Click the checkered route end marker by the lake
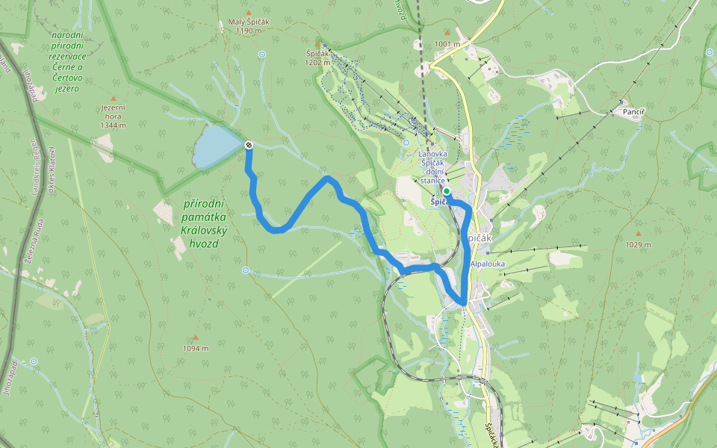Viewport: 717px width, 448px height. click(248, 146)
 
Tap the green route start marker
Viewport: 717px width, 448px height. click(447, 191)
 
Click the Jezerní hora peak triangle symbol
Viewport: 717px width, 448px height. click(114, 99)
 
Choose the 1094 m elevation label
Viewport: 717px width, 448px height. click(195, 348)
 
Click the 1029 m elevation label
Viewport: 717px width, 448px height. click(638, 244)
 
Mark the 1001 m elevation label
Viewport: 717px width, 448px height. click(447, 44)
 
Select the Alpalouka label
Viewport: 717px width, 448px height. click(488, 263)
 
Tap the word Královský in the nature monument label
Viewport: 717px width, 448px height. click(204, 231)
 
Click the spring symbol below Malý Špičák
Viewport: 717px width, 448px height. click(262, 55)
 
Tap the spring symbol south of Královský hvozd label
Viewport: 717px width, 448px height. click(246, 270)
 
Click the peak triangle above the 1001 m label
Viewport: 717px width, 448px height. click(447, 33)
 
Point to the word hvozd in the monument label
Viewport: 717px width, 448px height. click(203, 243)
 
